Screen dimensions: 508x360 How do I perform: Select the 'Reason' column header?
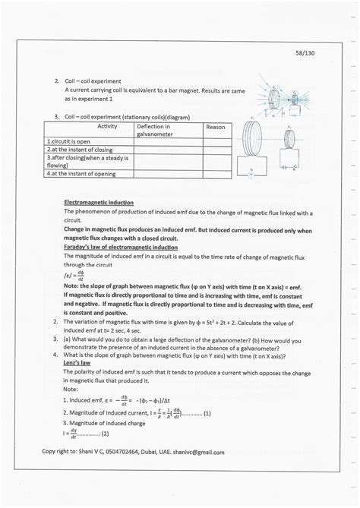pos(216,127)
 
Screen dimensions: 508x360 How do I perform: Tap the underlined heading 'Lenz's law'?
pos(81,362)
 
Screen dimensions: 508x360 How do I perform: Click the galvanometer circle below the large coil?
pos(251,173)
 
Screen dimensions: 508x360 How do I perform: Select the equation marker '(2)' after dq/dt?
pos(105,434)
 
